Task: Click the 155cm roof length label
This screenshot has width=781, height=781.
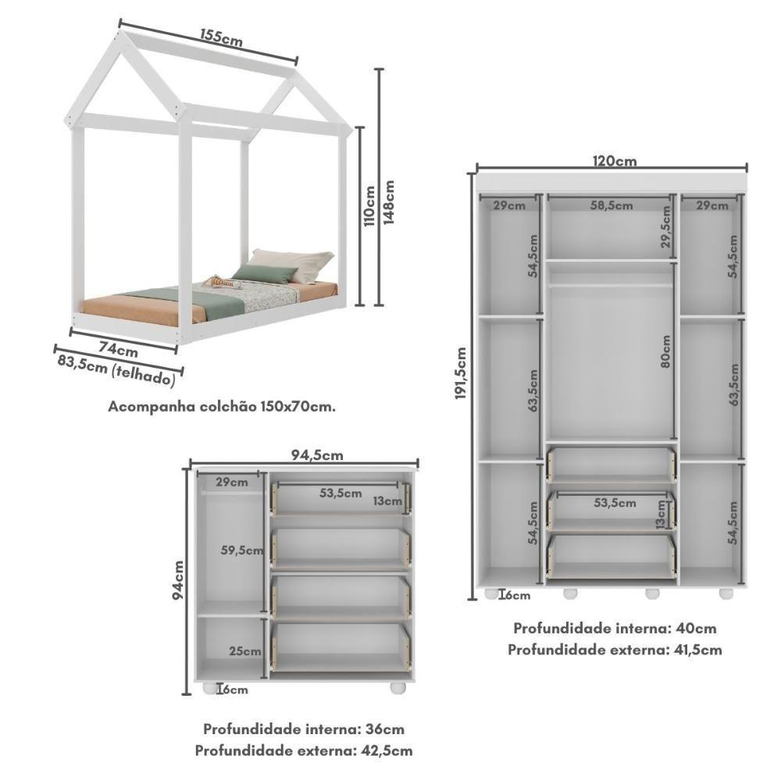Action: tap(220, 37)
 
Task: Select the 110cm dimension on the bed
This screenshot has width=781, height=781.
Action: tap(370, 206)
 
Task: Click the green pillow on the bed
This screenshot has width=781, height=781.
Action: tap(265, 273)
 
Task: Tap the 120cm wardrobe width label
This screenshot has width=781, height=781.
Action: tap(613, 162)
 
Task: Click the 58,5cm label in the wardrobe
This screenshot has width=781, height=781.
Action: tap(611, 205)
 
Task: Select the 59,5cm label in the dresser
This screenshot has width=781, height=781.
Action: tap(241, 550)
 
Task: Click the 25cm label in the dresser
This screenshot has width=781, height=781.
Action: tap(245, 651)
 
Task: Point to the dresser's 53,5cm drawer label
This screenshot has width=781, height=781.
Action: tap(340, 493)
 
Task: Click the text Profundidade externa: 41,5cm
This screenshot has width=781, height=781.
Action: tap(615, 649)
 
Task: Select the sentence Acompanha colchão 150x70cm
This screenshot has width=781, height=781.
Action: tap(222, 406)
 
